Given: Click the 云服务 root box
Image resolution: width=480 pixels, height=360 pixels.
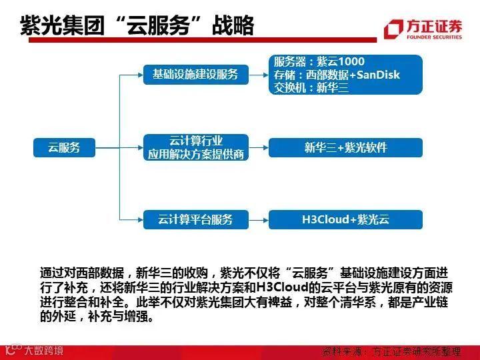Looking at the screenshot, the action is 64,147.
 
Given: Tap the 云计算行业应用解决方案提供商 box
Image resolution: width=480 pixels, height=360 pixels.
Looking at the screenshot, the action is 195,147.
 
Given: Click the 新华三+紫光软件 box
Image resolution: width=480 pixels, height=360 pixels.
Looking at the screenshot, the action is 345,147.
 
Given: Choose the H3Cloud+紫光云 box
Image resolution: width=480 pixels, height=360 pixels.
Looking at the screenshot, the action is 345,219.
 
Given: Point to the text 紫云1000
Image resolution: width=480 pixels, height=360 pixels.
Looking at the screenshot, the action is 343,62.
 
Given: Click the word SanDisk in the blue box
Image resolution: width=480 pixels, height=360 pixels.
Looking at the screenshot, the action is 378,75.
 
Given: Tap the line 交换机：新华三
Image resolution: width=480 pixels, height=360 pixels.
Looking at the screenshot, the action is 311,87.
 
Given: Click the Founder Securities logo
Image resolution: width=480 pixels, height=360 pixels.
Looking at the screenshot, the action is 423,29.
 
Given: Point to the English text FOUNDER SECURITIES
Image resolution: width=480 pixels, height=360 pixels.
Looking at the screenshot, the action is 432,38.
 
